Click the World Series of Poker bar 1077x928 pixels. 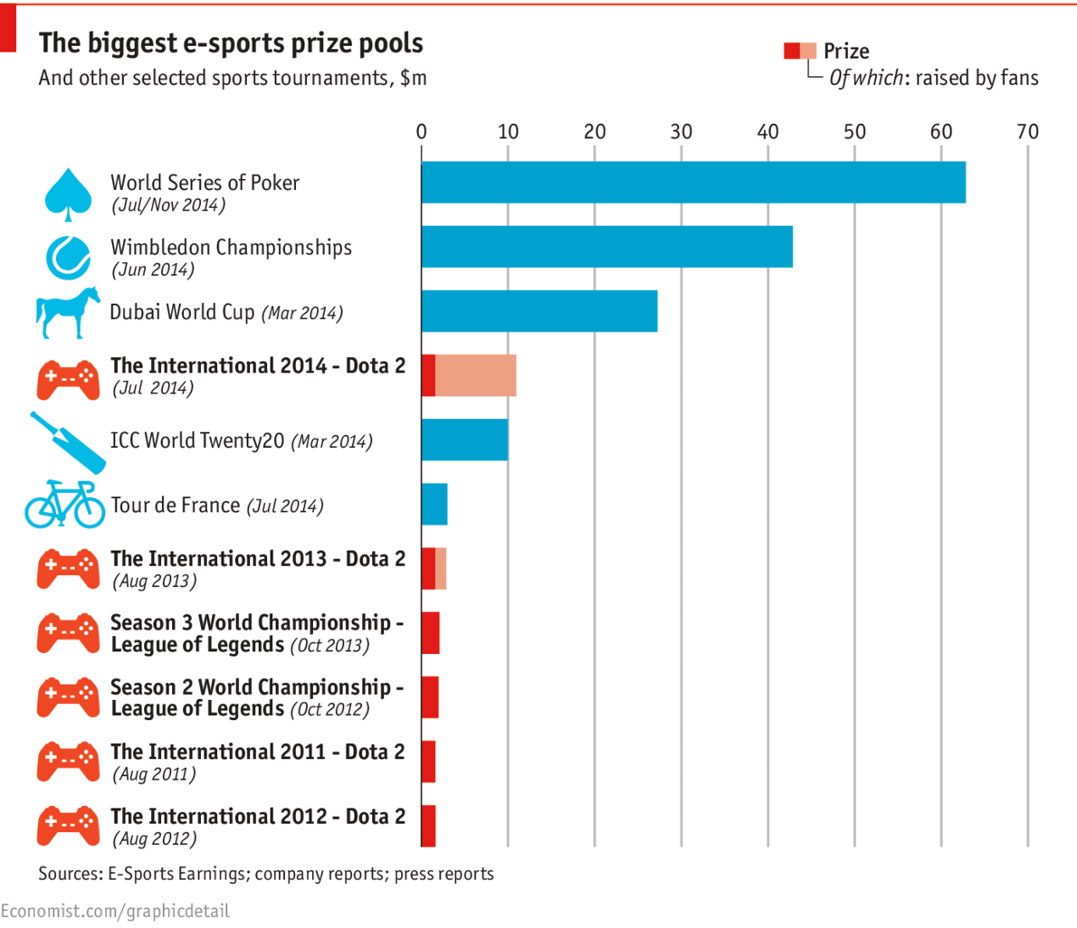tap(692, 182)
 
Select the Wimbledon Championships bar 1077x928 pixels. tap(606, 246)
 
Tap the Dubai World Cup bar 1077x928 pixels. tap(538, 311)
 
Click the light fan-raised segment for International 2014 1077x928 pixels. tap(475, 375)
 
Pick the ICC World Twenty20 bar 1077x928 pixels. tap(464, 440)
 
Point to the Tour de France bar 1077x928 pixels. tap(434, 505)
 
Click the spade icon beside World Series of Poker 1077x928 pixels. tap(68, 191)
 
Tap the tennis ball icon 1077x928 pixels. tap(68, 257)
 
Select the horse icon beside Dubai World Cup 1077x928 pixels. tap(68, 313)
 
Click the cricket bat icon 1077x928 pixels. tap(68, 442)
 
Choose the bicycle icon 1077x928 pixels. tap(65, 505)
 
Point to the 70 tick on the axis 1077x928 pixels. tap(1027, 131)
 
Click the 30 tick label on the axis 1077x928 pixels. tap(681, 131)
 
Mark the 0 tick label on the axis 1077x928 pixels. tap(422, 131)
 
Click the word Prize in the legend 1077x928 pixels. tap(846, 52)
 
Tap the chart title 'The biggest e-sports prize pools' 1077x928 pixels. tap(231, 43)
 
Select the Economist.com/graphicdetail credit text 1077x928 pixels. tap(115, 910)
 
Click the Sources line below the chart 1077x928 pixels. tap(266, 874)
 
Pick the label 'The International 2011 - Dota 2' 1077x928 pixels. tap(258, 752)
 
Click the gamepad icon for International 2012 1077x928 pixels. tap(68, 826)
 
